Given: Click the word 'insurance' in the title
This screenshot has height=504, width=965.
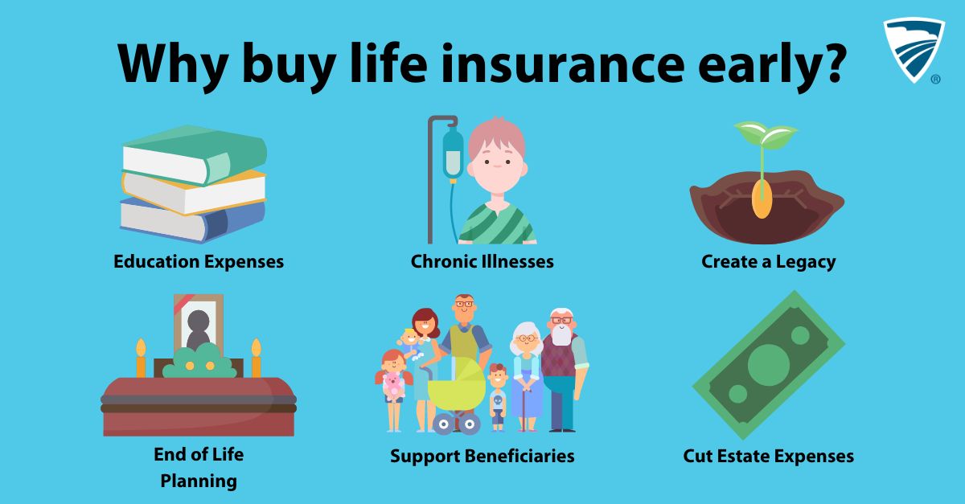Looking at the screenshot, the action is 563,64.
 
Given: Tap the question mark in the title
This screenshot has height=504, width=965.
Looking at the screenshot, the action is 832,63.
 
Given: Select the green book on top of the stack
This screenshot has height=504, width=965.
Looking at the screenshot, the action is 195,155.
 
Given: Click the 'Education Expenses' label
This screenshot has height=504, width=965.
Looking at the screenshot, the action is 199,261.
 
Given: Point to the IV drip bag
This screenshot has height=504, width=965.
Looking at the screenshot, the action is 452,151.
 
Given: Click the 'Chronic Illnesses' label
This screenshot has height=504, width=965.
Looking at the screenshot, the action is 482,261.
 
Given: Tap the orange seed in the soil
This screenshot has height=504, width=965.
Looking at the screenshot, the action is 762,199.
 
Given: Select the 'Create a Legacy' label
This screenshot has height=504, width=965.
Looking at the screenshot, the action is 768,261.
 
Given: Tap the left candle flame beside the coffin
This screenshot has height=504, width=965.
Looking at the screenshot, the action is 141,347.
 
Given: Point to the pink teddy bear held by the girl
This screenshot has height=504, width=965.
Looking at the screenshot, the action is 393,386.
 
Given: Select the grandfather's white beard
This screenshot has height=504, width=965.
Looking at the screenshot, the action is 561,334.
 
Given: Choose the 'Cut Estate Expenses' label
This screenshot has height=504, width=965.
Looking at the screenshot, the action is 768,457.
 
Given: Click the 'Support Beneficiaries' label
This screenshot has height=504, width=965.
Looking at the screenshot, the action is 482,457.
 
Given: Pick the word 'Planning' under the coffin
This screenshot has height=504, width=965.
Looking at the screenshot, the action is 199,481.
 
